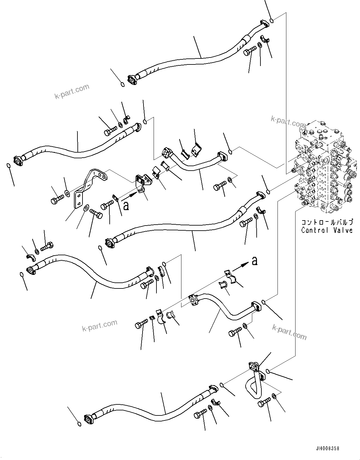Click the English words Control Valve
point(326,230)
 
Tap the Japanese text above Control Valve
point(326,222)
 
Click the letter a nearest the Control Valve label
point(254,261)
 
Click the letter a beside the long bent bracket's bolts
point(126,206)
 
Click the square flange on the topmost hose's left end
point(132,80)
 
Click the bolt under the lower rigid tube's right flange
point(235,332)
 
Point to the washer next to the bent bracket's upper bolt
point(67,193)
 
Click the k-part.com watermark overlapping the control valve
point(288,121)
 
